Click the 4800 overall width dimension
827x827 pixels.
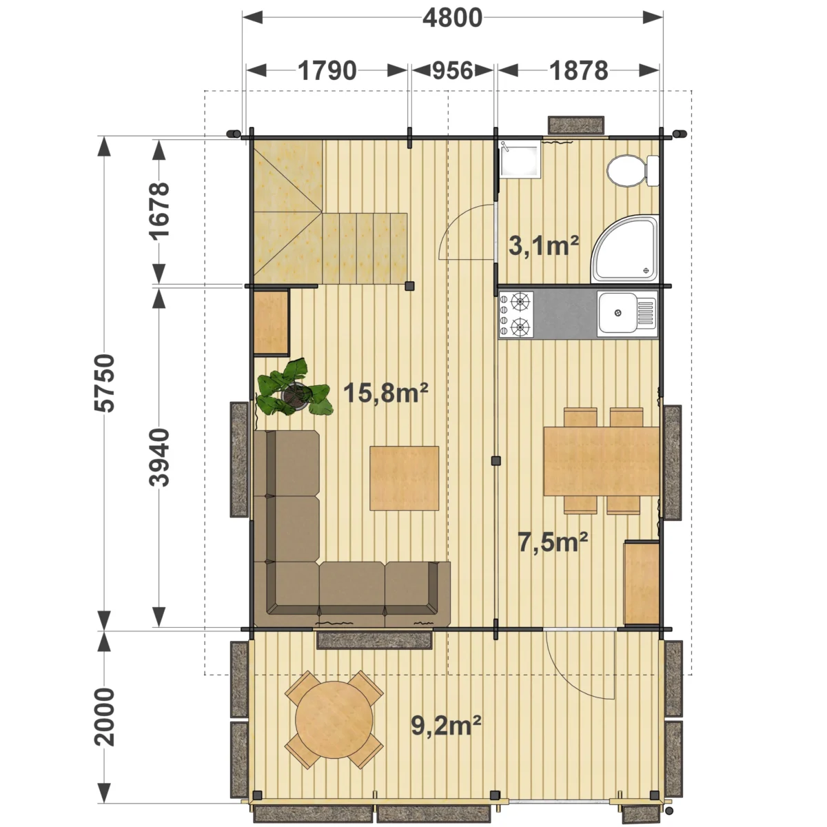[452, 18]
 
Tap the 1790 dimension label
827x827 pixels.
[327, 71]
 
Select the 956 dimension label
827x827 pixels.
[452, 71]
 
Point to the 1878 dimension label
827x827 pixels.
[578, 71]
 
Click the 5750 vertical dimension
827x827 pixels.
[105, 383]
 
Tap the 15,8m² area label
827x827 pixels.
[385, 393]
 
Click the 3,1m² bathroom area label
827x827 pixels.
[543, 246]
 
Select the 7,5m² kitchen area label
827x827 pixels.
[553, 542]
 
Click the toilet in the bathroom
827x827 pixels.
[633, 170]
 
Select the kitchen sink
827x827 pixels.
[627, 314]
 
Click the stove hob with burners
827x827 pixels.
[516, 314]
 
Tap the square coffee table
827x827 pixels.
[405, 478]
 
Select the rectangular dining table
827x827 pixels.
[601, 461]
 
